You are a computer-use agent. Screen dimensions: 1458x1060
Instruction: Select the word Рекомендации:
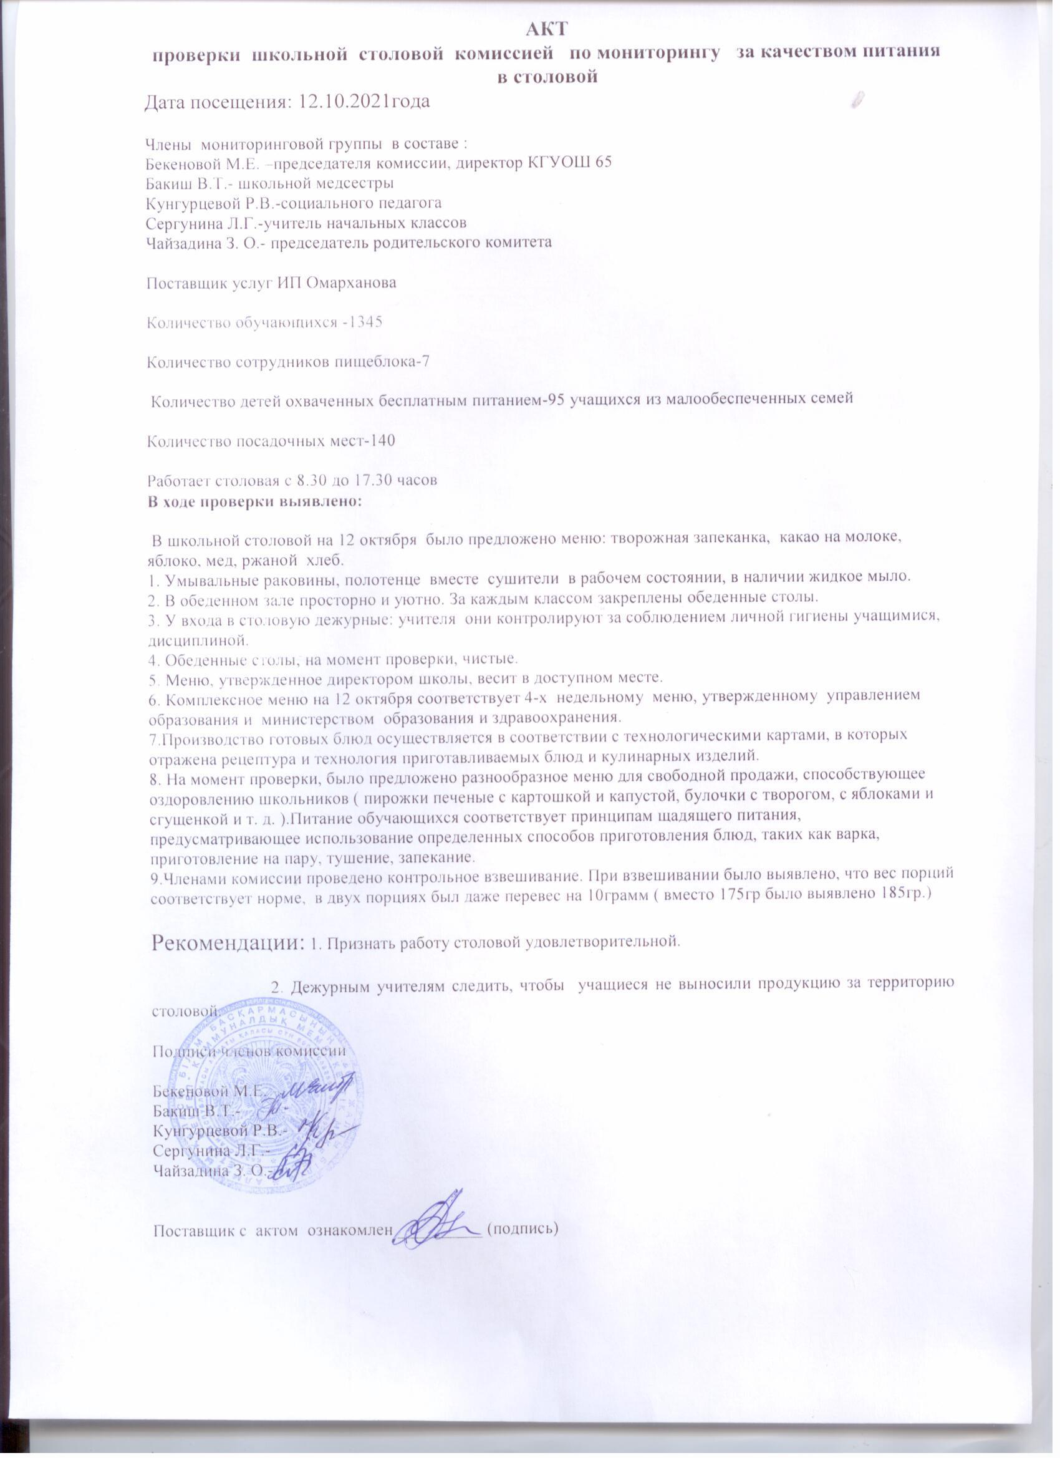coord(228,943)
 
